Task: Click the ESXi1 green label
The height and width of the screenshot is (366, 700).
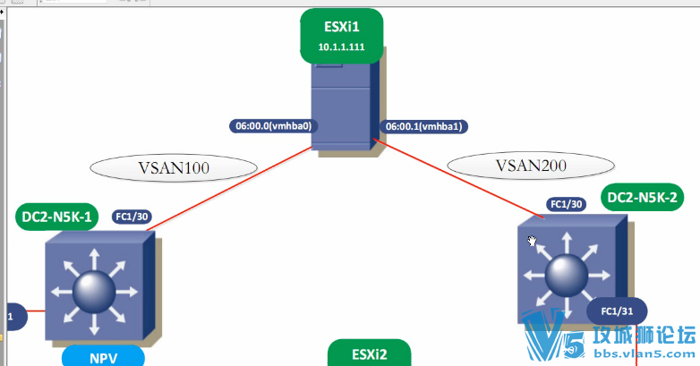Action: pyautogui.click(x=341, y=25)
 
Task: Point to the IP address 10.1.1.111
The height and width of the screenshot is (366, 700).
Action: pyautogui.click(x=341, y=46)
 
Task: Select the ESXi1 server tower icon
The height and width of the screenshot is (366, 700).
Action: pyautogui.click(x=342, y=106)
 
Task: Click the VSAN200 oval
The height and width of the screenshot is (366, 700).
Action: pyautogui.click(x=530, y=164)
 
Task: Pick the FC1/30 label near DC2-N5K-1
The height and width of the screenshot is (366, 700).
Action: pyautogui.click(x=132, y=216)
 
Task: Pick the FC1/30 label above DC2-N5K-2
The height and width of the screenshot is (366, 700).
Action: pyautogui.click(x=566, y=205)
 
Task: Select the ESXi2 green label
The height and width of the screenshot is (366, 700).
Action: pyautogui.click(x=368, y=353)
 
